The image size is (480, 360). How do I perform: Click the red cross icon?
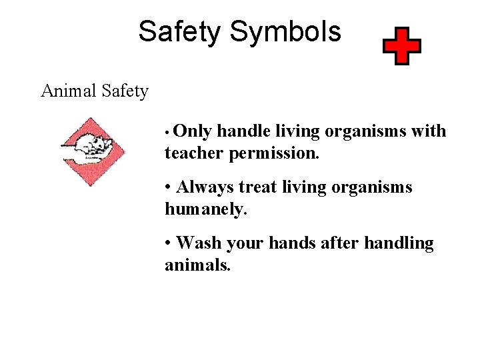pos(401,46)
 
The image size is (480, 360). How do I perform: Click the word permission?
pos(274,154)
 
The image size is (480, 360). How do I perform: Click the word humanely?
pos(206,210)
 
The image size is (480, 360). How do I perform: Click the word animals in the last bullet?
pos(198,266)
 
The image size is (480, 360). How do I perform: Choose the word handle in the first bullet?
pos(241,131)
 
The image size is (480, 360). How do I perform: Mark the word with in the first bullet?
pos(429,131)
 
